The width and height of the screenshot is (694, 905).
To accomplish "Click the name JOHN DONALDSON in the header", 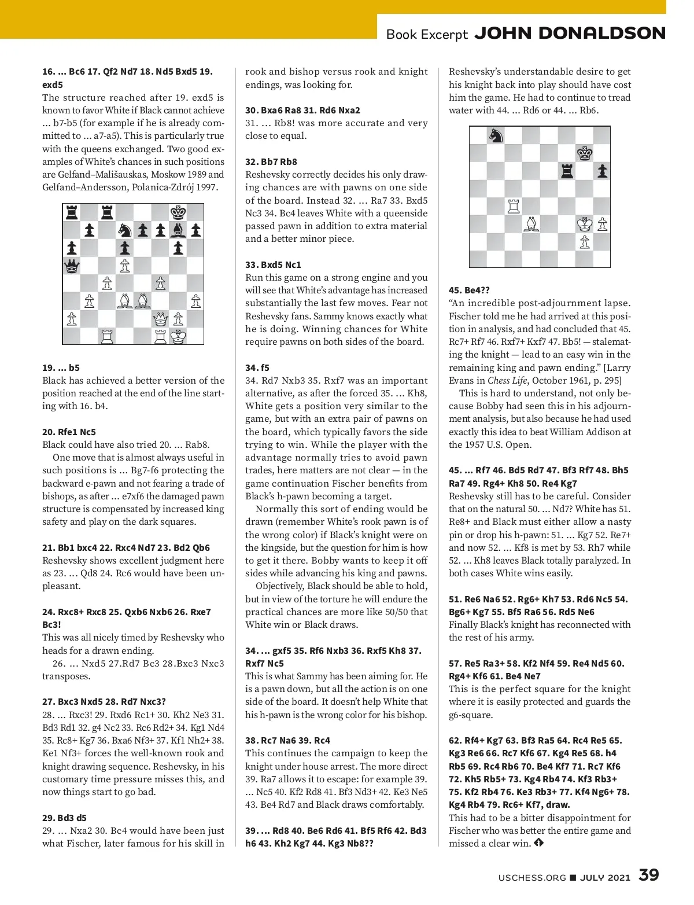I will click(x=570, y=33).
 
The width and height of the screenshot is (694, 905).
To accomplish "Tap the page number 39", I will click(x=648, y=875).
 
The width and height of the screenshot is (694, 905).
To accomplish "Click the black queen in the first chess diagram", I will click(x=71, y=266).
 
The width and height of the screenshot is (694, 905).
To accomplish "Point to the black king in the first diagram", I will click(x=178, y=213).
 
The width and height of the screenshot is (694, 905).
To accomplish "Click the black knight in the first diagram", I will click(x=124, y=231).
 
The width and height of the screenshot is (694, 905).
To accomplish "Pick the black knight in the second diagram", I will click(x=496, y=135).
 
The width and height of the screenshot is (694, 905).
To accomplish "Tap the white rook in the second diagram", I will click(x=513, y=206).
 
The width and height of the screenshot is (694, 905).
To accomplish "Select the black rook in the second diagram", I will click(x=566, y=171).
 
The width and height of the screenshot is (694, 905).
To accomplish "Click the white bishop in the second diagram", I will click(x=531, y=224).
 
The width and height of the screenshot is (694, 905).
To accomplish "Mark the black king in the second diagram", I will click(x=584, y=153).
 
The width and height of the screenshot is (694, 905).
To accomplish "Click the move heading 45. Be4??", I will click(x=469, y=290).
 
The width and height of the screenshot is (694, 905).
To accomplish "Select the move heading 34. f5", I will click(x=257, y=367).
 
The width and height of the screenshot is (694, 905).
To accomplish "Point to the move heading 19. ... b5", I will click(x=61, y=367).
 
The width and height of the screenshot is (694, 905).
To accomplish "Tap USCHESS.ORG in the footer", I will click(x=532, y=877).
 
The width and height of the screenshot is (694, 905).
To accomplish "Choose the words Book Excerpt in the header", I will click(x=427, y=34).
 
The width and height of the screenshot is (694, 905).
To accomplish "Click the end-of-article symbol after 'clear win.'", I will click(x=539, y=843).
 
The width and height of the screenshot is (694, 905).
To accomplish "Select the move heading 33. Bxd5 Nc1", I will click(x=273, y=264).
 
